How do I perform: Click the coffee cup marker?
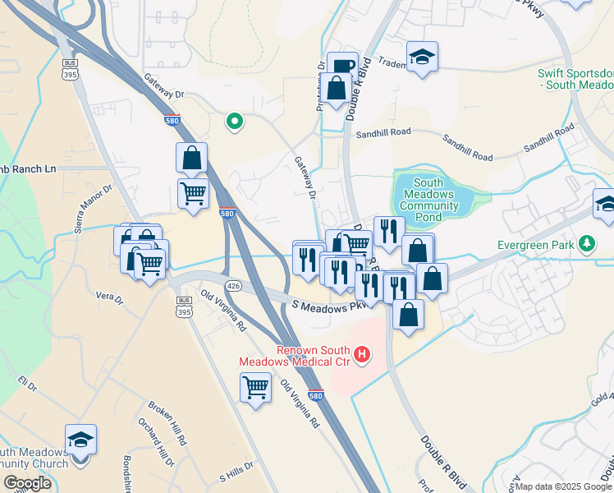342,65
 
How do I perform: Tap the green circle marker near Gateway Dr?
235,122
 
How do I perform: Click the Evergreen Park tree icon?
586,245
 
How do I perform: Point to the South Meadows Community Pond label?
428,200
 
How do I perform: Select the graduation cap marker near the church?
80,440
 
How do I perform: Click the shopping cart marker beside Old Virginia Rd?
255,385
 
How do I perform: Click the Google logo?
27,483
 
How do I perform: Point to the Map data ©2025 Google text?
564,486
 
